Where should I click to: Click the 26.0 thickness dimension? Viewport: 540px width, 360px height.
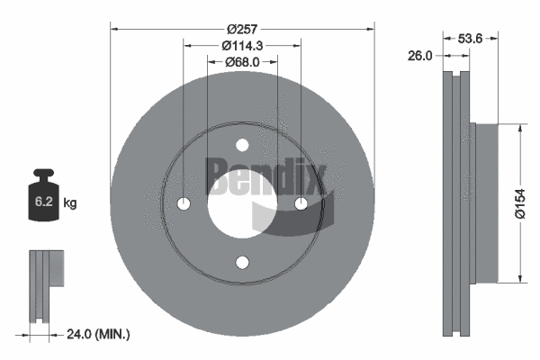(x=419, y=55)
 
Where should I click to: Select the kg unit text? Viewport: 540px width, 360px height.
(x=70, y=203)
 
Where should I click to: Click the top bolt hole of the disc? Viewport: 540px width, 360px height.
(x=241, y=146)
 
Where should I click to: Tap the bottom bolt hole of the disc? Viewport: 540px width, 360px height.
(x=241, y=262)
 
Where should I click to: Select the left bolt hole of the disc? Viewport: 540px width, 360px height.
(x=184, y=203)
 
